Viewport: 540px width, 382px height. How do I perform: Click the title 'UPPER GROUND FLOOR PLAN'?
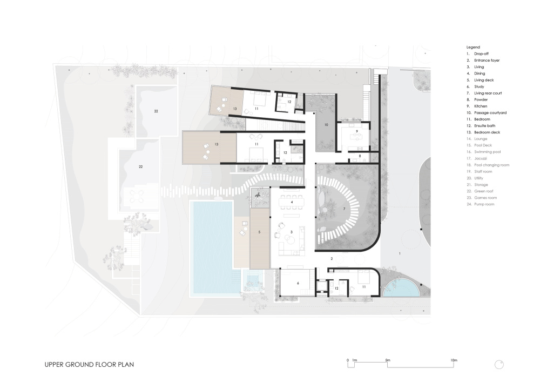click(89, 364)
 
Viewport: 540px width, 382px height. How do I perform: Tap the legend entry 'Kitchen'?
click(481, 106)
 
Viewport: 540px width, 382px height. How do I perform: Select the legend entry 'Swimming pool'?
click(487, 152)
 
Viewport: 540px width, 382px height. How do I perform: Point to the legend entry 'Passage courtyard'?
click(490, 112)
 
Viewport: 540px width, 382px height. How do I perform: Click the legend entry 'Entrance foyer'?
click(487, 61)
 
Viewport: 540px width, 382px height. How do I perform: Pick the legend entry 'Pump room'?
click(484, 204)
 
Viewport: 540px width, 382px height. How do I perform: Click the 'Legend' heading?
click(473, 47)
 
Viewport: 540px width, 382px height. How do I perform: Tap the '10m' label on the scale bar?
click(454, 360)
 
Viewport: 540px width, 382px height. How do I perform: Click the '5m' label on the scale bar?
click(387, 360)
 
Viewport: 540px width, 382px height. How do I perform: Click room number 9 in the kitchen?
click(357, 131)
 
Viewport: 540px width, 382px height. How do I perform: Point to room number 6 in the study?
click(298, 283)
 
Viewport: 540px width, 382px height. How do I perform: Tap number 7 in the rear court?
click(343, 209)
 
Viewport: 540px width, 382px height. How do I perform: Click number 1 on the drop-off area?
click(400, 253)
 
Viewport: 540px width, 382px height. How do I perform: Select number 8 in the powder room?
click(360, 156)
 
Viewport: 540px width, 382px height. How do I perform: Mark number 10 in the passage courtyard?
click(326, 125)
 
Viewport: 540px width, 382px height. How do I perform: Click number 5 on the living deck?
click(259, 232)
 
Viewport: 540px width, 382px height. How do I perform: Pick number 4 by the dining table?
click(292, 202)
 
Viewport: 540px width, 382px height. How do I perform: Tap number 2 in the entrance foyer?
click(332, 259)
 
